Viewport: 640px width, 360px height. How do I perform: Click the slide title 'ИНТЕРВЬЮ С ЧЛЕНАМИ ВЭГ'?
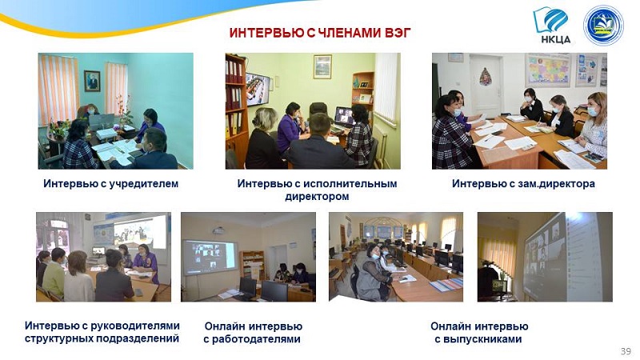pos(320,33)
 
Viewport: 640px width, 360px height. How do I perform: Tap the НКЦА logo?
pos(551,25)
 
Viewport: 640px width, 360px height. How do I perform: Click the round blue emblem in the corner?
pos(603,25)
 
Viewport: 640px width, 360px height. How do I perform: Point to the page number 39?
pos(626,351)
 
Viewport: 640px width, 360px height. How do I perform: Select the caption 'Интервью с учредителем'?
pos(111,184)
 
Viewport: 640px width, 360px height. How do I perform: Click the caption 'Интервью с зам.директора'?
pos(523,184)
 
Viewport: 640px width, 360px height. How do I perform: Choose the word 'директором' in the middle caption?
pos(317,196)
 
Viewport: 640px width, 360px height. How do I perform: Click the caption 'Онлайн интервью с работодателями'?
pos(253,332)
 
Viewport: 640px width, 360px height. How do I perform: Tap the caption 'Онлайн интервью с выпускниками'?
pos(479,332)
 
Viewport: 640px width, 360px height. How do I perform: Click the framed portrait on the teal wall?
pos(92,81)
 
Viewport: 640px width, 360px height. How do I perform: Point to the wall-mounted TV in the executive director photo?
pos(257,90)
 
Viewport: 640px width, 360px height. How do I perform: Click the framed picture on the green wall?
pos(322,66)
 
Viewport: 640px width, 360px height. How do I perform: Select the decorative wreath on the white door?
pos(485,76)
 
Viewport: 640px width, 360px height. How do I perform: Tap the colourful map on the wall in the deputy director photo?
pos(547,70)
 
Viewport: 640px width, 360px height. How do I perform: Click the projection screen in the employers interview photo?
pos(209,258)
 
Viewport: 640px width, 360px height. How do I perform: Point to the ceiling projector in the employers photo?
pos(219,230)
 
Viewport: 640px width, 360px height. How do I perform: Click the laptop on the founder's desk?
pos(102,122)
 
